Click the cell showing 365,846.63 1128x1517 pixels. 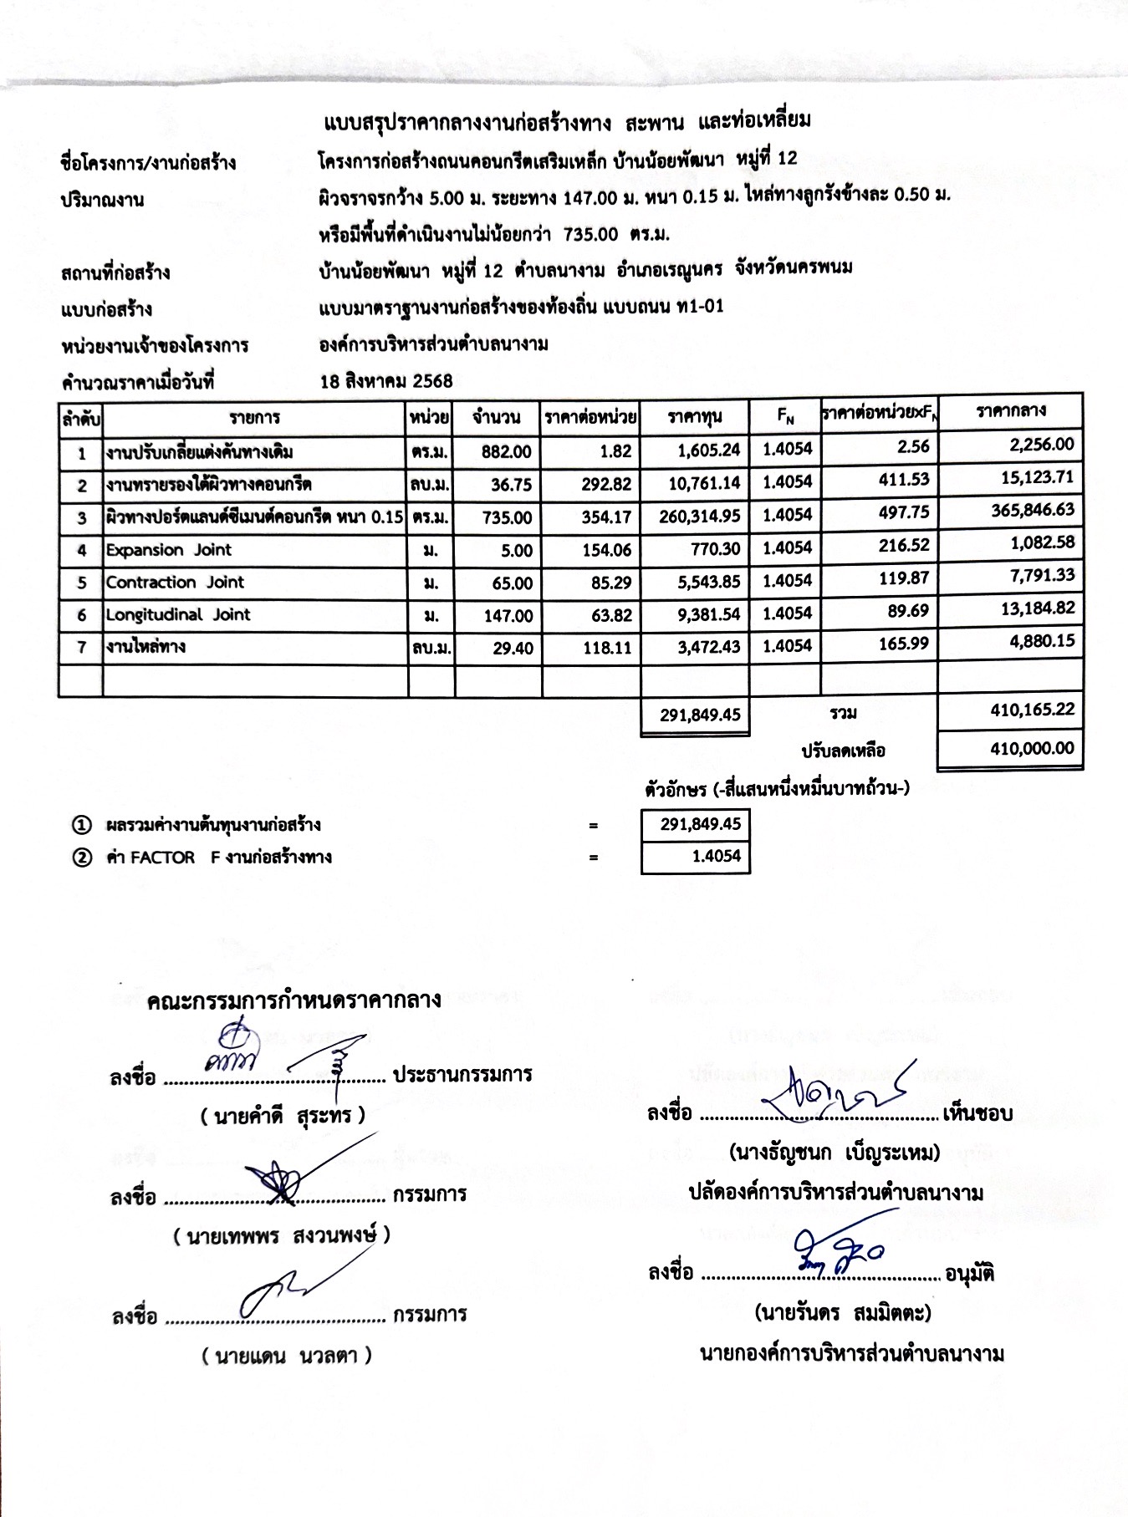pos(1033,511)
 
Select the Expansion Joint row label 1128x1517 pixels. pos(168,550)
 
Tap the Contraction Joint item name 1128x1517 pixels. pos(175,583)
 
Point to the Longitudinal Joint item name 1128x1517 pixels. pos(178,615)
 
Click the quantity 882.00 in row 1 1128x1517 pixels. pos(506,452)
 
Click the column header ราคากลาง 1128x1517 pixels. pos(1010,411)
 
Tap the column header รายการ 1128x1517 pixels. pos(255,417)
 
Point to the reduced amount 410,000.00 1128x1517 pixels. pos(1032,749)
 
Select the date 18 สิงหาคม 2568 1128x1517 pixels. pos(385,382)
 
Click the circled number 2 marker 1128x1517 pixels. pos(81,858)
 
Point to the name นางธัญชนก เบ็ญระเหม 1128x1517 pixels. pos(835,1153)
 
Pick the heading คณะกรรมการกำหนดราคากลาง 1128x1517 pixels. pos(293,1001)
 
